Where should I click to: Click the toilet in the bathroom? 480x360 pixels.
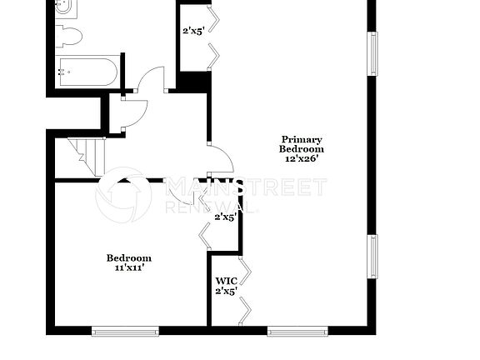(x=70, y=36)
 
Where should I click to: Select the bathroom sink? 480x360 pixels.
(x=65, y=9)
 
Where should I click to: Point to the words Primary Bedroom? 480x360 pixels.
(x=301, y=144)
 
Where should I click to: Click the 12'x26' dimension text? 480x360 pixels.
(x=301, y=157)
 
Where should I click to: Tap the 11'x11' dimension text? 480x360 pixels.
(x=128, y=268)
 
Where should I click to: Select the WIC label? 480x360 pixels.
(x=225, y=282)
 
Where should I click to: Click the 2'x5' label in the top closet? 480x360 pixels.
(x=193, y=32)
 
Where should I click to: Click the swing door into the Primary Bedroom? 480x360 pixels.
(x=218, y=157)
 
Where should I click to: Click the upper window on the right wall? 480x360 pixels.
(x=372, y=54)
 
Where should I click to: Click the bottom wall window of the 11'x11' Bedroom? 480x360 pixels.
(x=125, y=331)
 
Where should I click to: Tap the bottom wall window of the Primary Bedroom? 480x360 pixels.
(x=299, y=331)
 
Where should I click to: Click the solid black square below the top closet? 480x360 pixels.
(x=192, y=82)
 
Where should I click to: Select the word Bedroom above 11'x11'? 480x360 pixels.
(x=128, y=257)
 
